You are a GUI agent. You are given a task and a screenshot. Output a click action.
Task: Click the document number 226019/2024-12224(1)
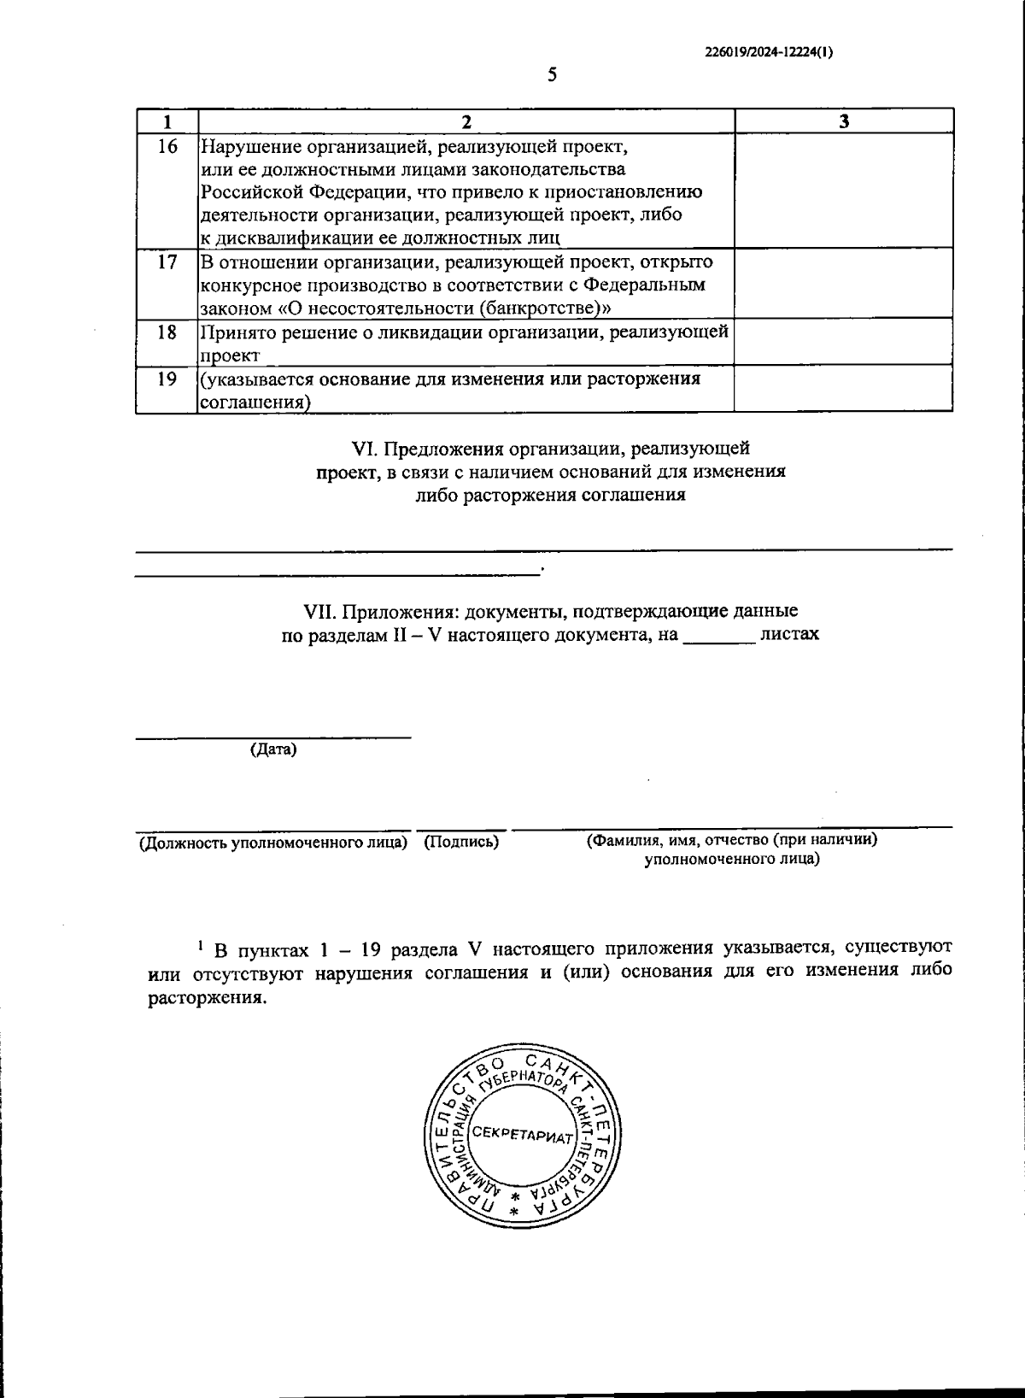coord(769,51)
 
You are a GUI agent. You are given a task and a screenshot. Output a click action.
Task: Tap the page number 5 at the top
coord(552,75)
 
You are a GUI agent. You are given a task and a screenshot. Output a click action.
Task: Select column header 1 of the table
coord(167,121)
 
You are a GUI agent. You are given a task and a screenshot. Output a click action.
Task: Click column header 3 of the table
coord(843,121)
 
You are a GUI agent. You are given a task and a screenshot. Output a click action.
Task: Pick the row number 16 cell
coord(167,147)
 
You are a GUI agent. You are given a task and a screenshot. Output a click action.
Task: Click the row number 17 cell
coord(167,262)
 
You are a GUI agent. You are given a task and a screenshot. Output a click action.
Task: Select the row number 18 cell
coord(167,332)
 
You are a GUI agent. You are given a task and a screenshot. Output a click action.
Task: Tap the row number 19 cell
coord(167,379)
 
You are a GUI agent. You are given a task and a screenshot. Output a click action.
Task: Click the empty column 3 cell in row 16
coord(843,191)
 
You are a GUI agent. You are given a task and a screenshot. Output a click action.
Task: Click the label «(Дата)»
coord(273,749)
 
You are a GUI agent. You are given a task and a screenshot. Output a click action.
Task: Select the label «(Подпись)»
coord(461,843)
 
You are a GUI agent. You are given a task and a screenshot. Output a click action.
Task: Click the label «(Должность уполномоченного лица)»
coord(273,843)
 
